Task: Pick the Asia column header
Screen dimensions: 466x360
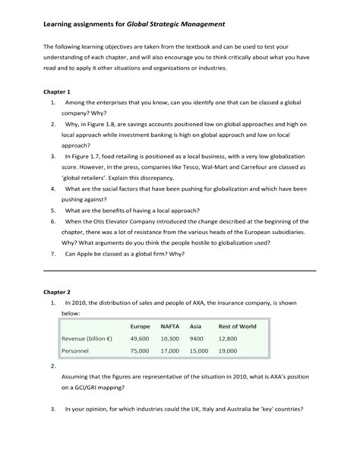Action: point(196,325)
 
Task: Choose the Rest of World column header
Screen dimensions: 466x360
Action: point(238,325)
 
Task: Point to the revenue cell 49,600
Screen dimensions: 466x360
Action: point(140,338)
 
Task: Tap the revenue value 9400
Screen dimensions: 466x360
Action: point(197,338)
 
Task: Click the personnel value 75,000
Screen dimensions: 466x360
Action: point(140,350)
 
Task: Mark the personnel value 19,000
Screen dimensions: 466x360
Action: point(228,350)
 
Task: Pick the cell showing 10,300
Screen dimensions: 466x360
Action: point(170,338)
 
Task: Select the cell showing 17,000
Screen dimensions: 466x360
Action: point(170,350)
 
